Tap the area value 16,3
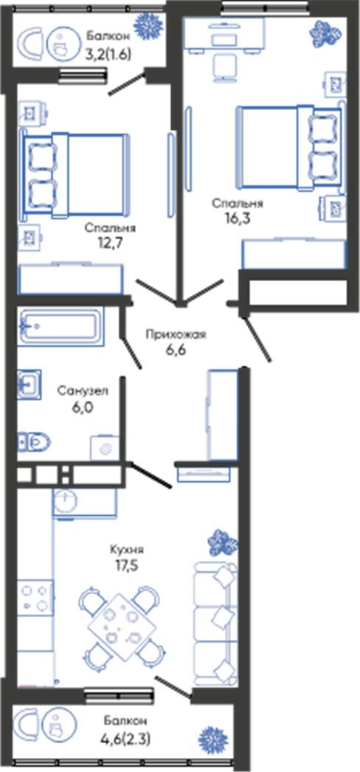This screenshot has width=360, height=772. tap(238, 218)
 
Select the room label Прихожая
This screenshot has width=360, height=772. tap(176, 335)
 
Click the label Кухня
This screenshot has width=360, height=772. tap(128, 550)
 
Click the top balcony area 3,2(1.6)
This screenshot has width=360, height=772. tap(108, 55)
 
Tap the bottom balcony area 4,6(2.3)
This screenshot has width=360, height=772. tap(126, 739)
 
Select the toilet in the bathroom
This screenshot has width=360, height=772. tap(35, 441)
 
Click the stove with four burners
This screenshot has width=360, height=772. tap(35, 597)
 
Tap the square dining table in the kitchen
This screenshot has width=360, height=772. tap(122, 627)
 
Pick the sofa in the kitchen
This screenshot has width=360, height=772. tap(215, 624)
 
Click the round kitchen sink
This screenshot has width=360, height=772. tap(66, 502)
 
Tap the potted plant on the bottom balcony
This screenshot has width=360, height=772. tap(213, 740)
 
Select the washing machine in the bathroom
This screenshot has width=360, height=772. tap(104, 448)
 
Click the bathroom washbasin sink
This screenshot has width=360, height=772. tap(29, 384)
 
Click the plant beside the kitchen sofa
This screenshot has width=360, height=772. tap(222, 542)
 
